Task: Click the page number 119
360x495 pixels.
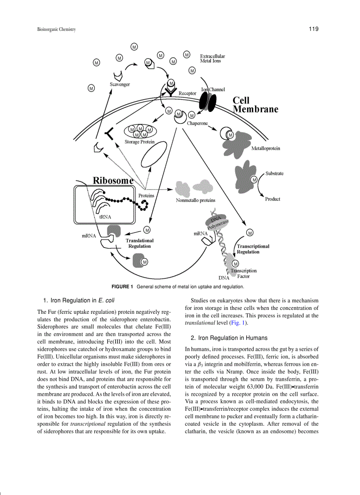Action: coord(314,29)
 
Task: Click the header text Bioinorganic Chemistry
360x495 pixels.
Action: coord(56,30)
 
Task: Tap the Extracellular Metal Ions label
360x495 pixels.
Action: coord(212,59)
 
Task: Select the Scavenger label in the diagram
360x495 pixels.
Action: coord(120,84)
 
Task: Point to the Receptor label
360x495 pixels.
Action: coord(187,93)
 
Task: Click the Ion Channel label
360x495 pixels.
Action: coord(213,89)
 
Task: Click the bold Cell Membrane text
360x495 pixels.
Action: coord(255,105)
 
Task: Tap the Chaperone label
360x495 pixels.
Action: coord(197,123)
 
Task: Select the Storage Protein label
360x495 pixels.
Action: coord(139,142)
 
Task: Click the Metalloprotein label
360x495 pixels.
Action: coord(266,149)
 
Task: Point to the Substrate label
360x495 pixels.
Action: coord(274,174)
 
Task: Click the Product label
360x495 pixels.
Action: coord(273,199)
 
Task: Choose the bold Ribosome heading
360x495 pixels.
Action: coord(113,180)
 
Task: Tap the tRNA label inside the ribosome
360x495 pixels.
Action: coord(105,217)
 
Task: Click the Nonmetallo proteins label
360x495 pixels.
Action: coord(196,200)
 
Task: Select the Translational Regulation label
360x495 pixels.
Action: coord(139,243)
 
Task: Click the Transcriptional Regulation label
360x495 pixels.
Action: coord(253,249)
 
